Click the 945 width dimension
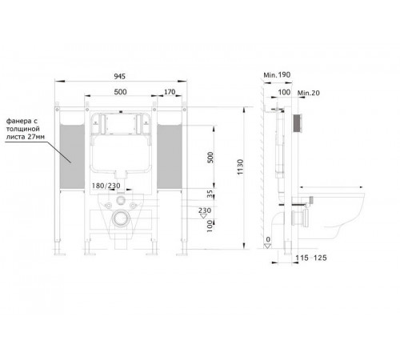(x=119, y=76)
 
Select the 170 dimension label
(x=170, y=92)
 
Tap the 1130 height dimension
(x=240, y=167)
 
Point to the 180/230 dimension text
(x=106, y=186)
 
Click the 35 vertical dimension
(x=210, y=194)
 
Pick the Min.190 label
(x=277, y=75)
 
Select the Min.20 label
(x=309, y=93)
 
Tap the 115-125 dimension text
(x=311, y=258)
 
